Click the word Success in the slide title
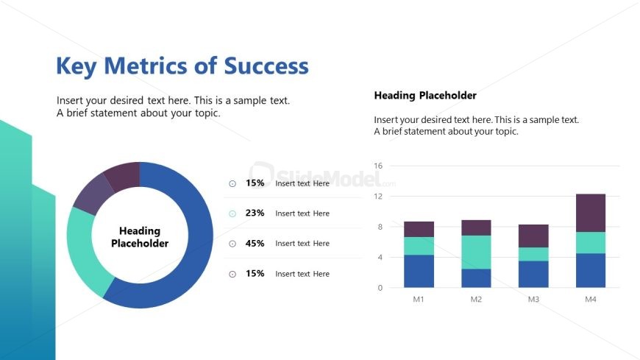click(266, 66)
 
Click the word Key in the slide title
click(77, 66)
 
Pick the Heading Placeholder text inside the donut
click(140, 237)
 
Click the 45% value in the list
click(255, 244)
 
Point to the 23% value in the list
click(255, 213)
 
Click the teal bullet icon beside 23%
click(232, 213)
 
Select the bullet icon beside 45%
click(232, 244)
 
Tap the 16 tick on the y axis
click(378, 166)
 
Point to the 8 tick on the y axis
click(380, 227)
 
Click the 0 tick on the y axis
click(380, 288)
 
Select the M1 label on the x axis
click(419, 300)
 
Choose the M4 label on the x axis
click(590, 300)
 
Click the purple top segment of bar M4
click(590, 213)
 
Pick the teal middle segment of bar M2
click(476, 252)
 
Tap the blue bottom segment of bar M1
click(419, 271)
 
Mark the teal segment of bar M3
click(533, 254)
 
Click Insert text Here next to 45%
click(302, 244)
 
